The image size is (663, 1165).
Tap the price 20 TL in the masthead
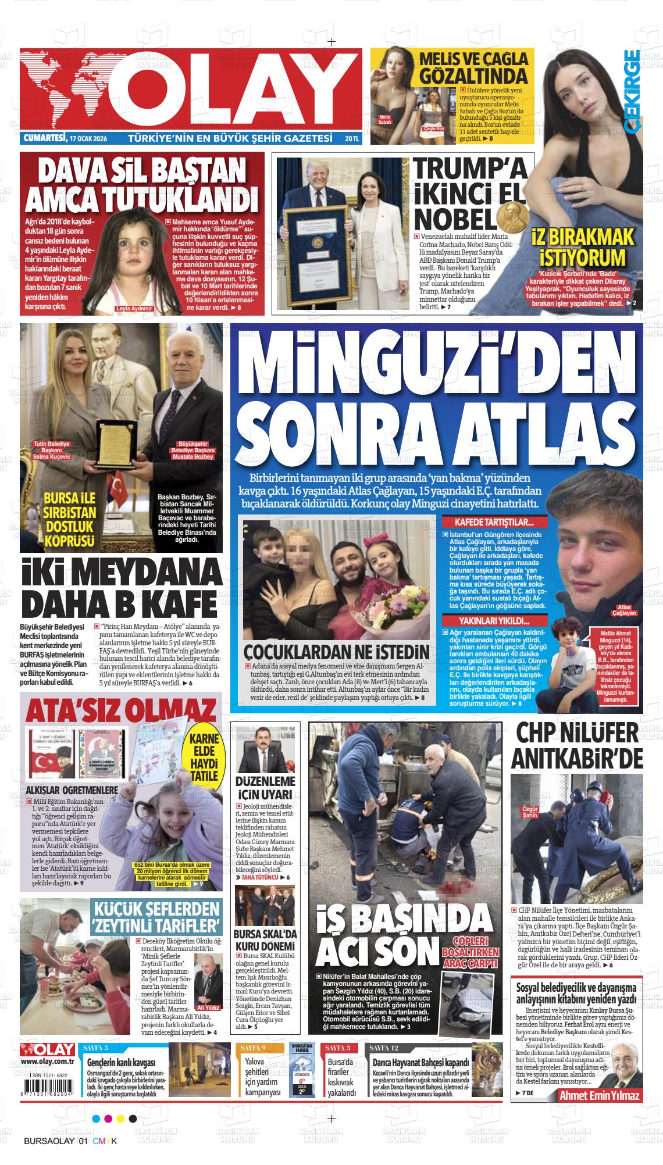(x=352, y=139)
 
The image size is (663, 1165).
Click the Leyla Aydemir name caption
(x=134, y=309)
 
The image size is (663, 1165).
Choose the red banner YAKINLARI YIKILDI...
(x=496, y=621)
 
